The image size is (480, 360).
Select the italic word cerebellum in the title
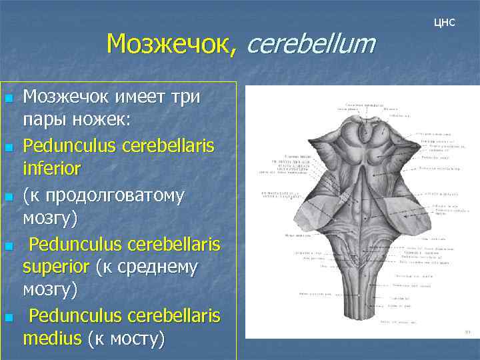coord(311,44)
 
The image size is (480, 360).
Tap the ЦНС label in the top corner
coord(444,23)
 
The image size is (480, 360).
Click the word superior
coord(57,267)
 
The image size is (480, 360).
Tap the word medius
coord(51,339)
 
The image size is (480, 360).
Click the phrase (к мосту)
coord(125,339)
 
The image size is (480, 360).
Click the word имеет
coord(131,97)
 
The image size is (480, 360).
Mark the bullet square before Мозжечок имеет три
coord(9,99)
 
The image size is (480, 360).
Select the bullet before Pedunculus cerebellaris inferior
coord(9,147)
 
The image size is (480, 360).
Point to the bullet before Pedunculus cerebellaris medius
coord(9,316)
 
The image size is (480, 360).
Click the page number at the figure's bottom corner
coord(468,332)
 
